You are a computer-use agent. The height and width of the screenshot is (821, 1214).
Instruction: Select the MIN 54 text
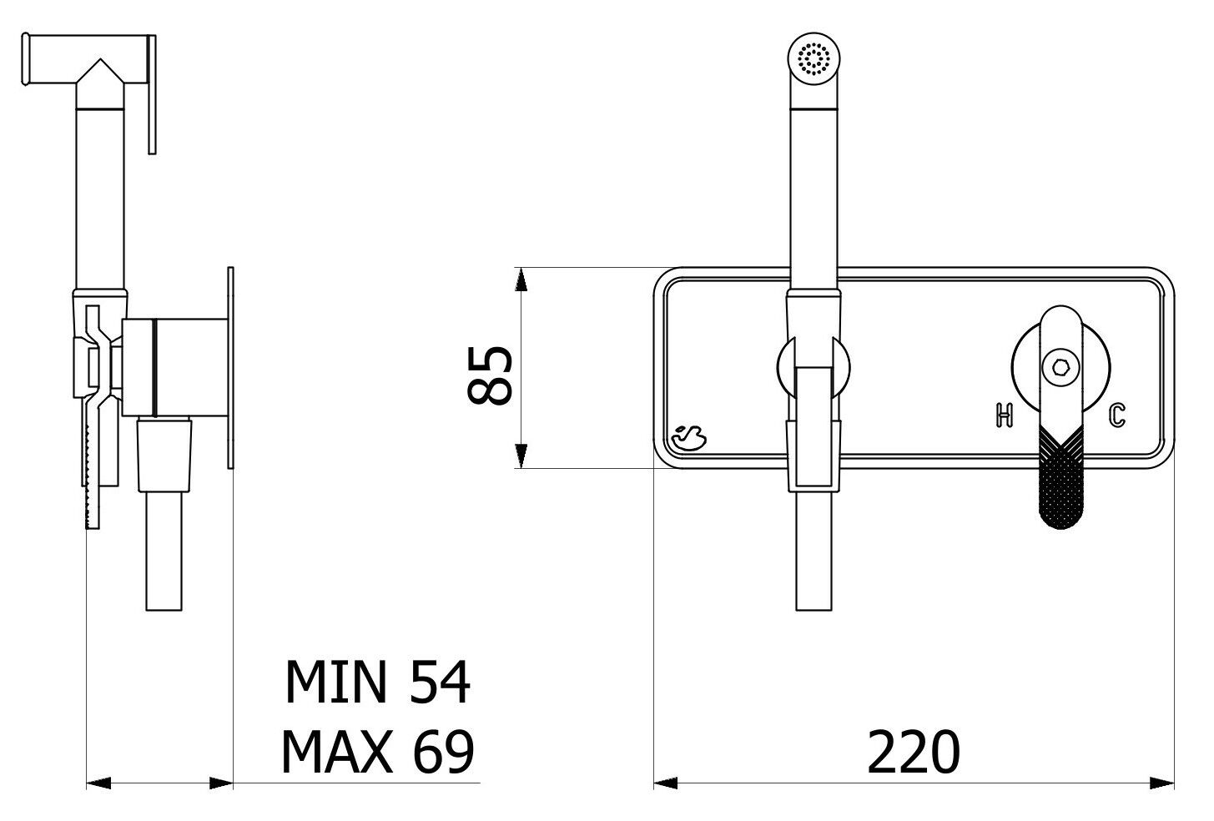[377, 682]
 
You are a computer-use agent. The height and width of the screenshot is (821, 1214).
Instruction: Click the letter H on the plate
[1004, 415]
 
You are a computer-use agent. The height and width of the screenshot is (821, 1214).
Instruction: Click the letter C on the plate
[1117, 415]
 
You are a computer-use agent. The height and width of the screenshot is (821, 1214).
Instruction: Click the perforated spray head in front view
[813, 59]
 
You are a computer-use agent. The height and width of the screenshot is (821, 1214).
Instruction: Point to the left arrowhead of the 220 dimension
[666, 783]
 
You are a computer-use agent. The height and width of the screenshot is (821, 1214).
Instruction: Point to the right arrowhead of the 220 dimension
[1161, 783]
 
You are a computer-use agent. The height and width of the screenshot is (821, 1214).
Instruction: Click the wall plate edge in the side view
[230, 367]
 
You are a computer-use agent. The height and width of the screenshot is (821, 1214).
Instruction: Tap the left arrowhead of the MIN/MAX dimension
[99, 783]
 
